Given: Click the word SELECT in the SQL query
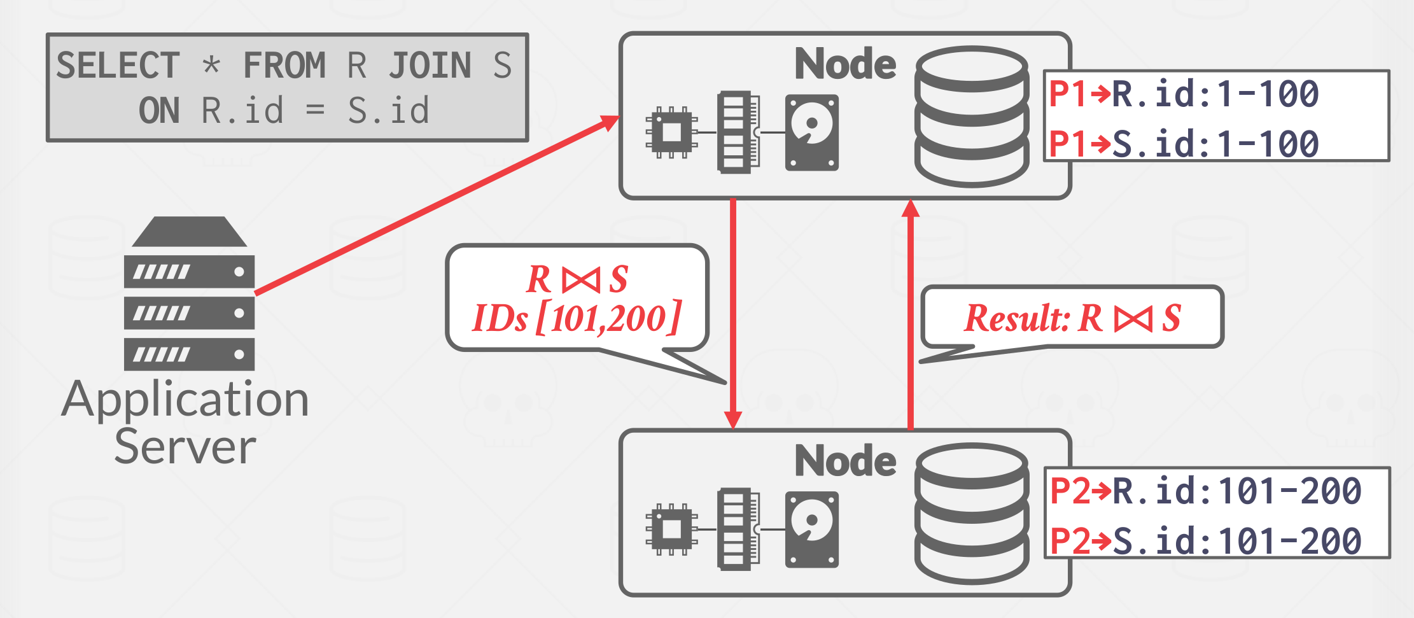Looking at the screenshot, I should coord(118,66).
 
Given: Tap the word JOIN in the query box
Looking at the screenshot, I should coord(430,66).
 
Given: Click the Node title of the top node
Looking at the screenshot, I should coord(845,64).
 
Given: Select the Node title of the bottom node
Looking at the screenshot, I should coord(845,461).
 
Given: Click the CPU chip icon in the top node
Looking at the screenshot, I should coord(671,132).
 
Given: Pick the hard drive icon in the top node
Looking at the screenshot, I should coord(811,132).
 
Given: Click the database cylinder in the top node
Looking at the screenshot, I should coord(972,116).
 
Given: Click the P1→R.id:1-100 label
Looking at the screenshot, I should coord(1184,94).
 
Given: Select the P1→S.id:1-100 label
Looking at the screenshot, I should coord(1184,143).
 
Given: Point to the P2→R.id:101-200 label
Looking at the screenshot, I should coord(1205,491).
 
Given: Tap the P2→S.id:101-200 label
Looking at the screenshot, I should coord(1205,541).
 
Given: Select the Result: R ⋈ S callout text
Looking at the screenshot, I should coord(1072,318).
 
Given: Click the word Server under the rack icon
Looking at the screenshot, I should coord(185,447).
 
